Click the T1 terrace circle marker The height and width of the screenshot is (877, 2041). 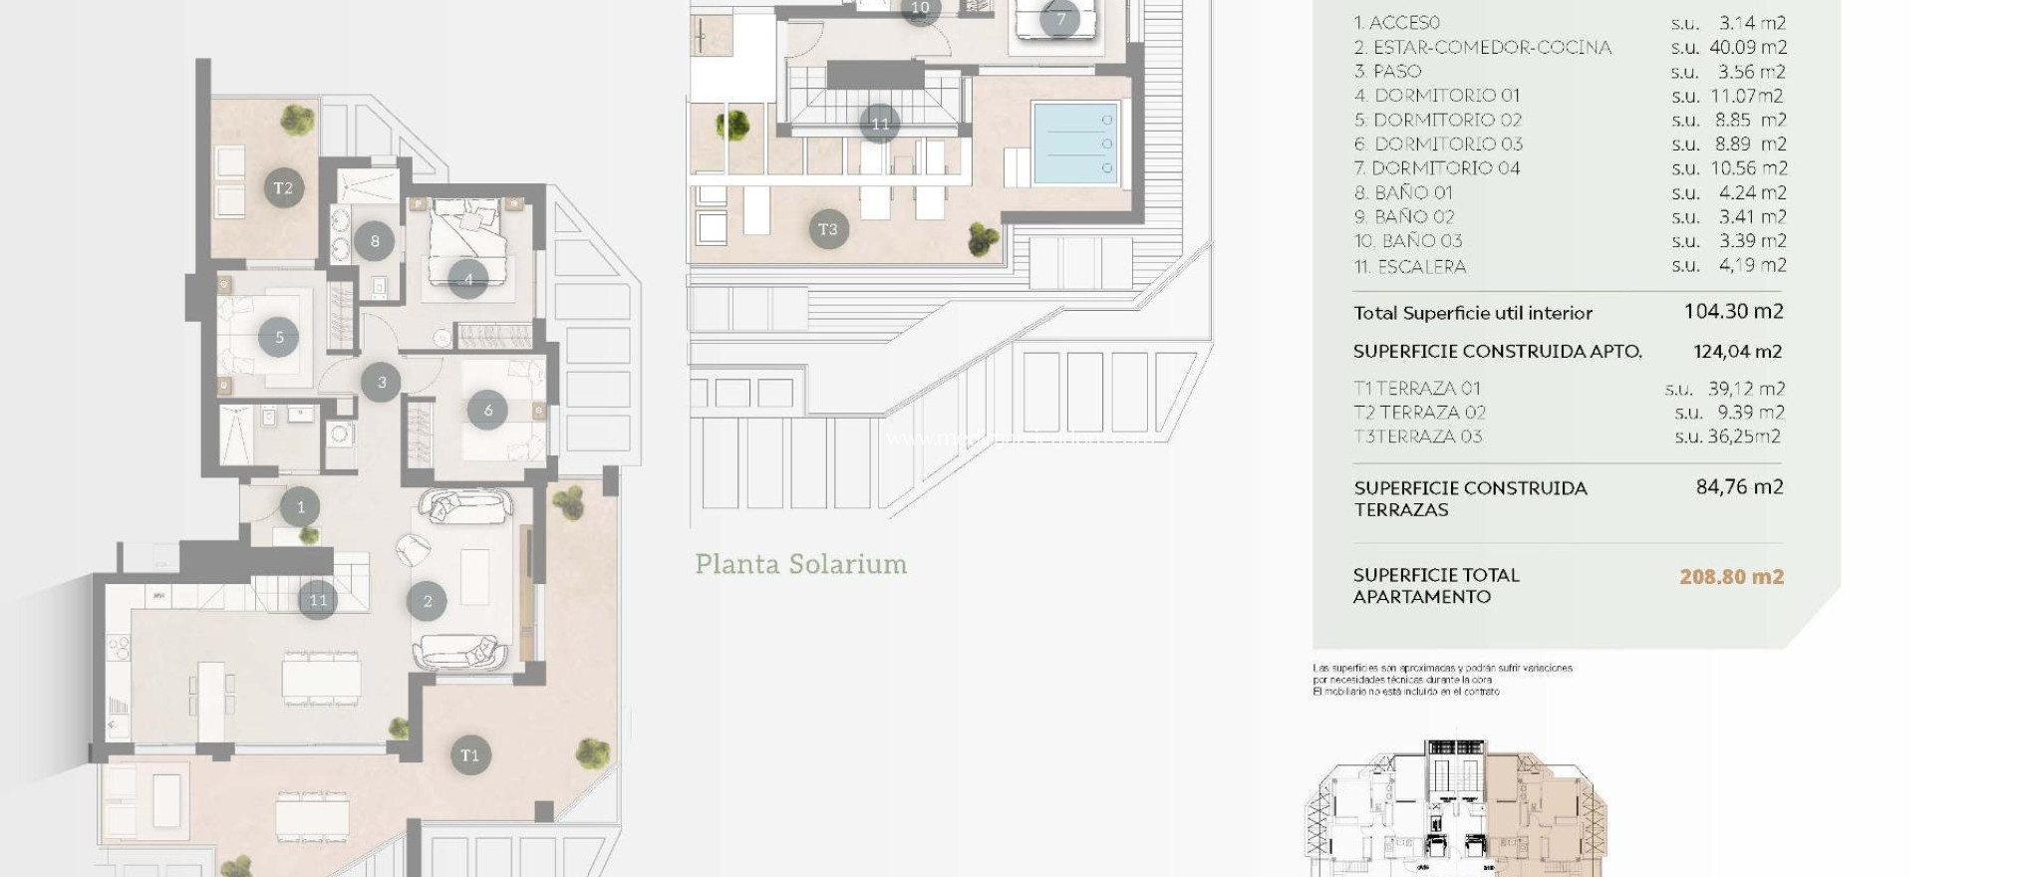(469, 754)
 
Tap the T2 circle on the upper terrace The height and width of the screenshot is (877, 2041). (284, 187)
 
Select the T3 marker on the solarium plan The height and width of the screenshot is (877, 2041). (828, 229)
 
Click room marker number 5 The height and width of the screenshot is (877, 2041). (279, 338)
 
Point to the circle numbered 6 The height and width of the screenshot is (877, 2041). (487, 410)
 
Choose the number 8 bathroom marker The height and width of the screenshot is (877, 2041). (375, 240)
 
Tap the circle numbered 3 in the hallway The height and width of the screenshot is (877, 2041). (381, 382)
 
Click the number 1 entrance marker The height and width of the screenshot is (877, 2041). (301, 507)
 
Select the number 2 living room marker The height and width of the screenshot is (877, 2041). (428, 601)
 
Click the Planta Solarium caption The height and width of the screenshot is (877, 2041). (800, 564)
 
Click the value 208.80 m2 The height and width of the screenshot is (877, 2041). (1731, 576)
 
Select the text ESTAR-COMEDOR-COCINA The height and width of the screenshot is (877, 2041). (1491, 47)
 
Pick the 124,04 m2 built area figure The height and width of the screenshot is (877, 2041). (1737, 351)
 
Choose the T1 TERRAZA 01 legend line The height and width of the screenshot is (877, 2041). (1417, 388)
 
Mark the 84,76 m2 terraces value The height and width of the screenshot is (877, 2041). (1739, 487)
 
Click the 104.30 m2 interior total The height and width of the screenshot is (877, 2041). (1733, 312)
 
